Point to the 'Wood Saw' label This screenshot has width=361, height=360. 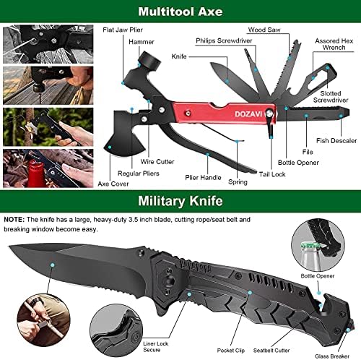[264, 30]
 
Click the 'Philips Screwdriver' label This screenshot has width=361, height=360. [221, 40]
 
